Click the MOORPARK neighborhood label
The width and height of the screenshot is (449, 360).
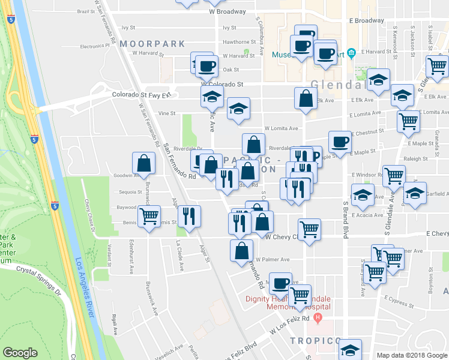[145, 44]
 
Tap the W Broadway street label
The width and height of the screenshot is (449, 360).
[228, 11]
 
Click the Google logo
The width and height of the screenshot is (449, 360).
[20, 353]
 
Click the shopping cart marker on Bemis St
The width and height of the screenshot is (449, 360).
[148, 215]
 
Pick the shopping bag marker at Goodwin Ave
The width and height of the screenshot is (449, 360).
[144, 163]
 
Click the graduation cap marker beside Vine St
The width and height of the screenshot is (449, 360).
[238, 108]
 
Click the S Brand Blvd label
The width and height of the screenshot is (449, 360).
[345, 220]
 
